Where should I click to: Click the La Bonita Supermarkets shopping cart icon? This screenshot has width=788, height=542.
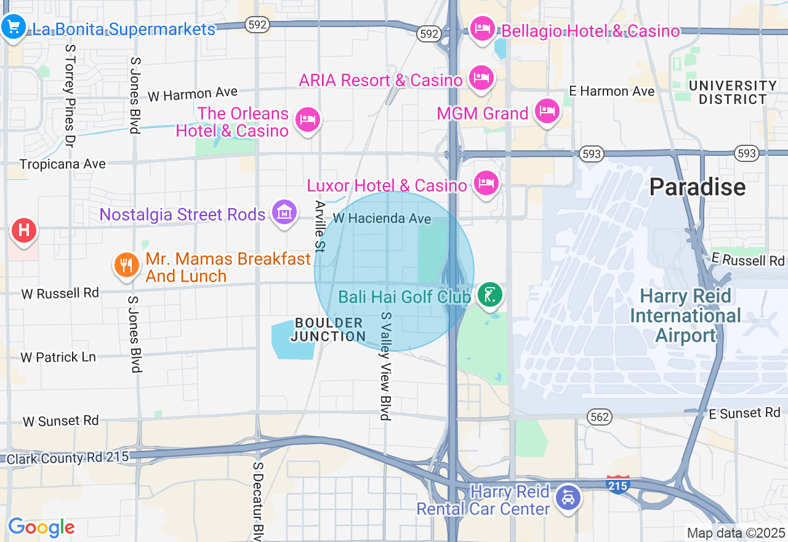(x=13, y=26)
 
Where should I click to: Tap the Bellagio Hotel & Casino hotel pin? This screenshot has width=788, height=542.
(x=482, y=28)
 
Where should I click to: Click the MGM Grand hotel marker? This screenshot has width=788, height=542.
(x=546, y=111)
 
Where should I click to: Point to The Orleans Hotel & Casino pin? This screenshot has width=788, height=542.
(x=307, y=119)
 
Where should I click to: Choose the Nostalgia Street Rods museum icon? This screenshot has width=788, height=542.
(x=284, y=212)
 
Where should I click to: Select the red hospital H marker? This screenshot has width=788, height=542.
(x=24, y=231)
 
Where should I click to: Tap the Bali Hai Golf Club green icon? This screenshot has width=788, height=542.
(x=489, y=295)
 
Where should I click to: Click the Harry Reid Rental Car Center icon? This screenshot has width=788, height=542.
(x=568, y=497)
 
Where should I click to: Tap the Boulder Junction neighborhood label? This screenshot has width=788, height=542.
(x=328, y=330)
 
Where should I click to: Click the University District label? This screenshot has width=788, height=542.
(x=733, y=92)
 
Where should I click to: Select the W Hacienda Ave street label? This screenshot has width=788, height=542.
(x=382, y=218)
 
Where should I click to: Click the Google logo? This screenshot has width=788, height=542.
(x=41, y=527)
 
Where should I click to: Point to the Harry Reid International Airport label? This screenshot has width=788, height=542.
(x=685, y=315)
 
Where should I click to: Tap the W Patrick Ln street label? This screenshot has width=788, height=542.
(x=58, y=357)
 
